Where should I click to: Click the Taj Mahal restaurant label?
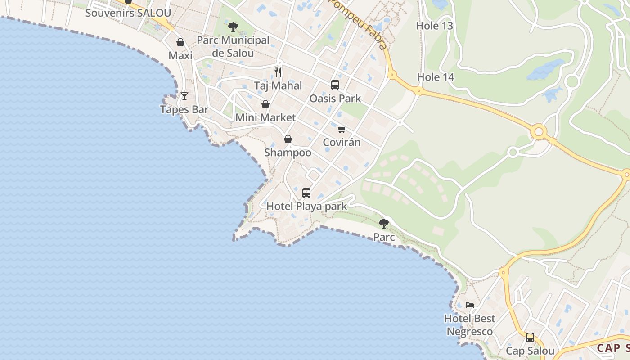(278, 85)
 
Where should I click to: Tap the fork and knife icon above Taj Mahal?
(278, 72)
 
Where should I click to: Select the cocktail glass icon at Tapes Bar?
(184, 96)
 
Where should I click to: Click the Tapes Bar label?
(184, 109)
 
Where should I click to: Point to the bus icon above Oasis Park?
(335, 85)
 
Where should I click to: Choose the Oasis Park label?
(335, 98)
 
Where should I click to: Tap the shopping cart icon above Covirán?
(342, 129)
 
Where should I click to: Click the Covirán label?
(342, 143)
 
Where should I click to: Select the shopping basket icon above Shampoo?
(288, 139)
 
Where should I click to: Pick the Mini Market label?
(265, 117)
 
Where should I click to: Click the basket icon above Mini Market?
(265, 104)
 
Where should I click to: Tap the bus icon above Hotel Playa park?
(306, 193)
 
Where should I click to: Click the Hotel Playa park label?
(306, 207)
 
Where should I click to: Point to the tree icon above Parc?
(384, 223)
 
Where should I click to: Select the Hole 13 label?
(434, 26)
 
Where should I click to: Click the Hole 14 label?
(435, 77)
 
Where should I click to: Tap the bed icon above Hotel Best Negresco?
(470, 305)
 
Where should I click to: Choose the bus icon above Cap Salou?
(530, 337)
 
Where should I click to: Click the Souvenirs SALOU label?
(128, 13)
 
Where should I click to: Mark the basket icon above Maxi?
(180, 42)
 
